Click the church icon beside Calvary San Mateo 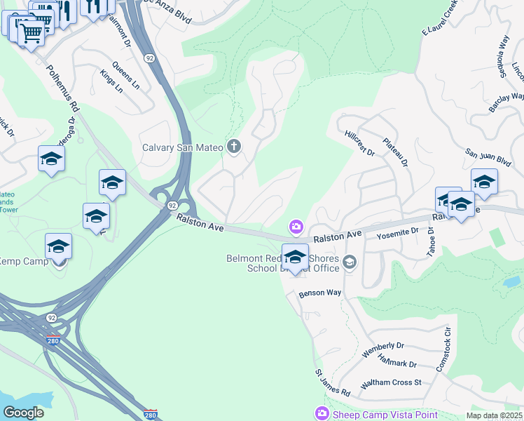(x=234, y=147)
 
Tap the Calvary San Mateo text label (x=182, y=147)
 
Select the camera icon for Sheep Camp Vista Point (x=322, y=414)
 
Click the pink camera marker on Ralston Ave (x=296, y=226)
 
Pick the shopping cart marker (x=30, y=32)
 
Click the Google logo (x=24, y=413)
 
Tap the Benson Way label (x=319, y=293)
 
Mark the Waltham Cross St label (x=390, y=383)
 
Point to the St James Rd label (x=332, y=382)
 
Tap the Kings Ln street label (x=111, y=81)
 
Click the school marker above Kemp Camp (x=59, y=247)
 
